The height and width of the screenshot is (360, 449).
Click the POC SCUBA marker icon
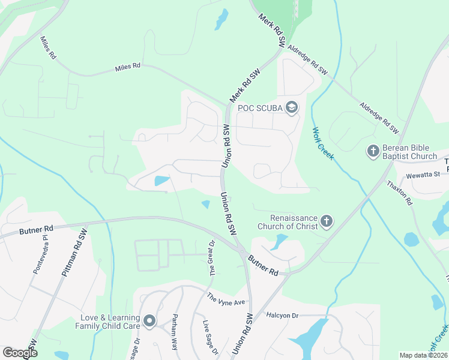pos(292,108)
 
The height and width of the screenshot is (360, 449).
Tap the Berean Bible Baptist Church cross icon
pos(372,150)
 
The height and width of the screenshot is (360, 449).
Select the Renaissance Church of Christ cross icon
pos(327,222)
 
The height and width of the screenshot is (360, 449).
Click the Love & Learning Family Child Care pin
pos(149,322)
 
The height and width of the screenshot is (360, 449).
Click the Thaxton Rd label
pos(400,193)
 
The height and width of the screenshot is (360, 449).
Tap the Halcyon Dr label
pos(283,316)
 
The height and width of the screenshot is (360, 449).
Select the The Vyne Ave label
pos(227,298)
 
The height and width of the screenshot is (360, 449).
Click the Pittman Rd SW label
pos(74,253)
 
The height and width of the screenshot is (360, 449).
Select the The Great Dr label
pos(212,259)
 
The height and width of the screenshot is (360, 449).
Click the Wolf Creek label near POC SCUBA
pos(322,143)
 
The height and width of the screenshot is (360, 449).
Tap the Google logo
pos(20,352)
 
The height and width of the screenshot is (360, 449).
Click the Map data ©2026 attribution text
pos(423,355)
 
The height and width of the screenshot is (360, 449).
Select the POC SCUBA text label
pos(260,108)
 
